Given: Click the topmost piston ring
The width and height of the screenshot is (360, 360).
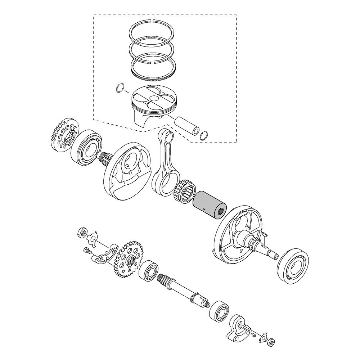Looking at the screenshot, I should point(152,21).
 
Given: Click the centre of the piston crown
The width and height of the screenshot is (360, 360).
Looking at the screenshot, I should point(154,98).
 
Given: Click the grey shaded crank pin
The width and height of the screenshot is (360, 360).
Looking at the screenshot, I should point(209,205).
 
